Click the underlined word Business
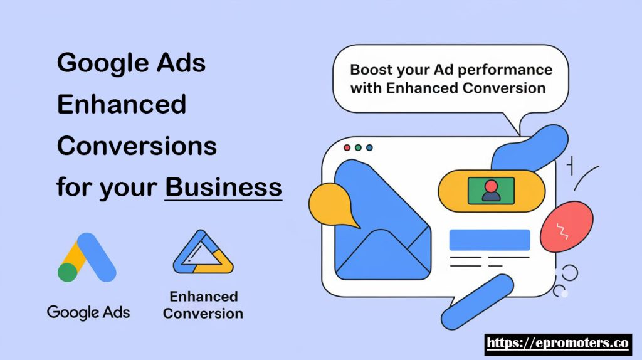[224, 187]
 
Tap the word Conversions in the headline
[137, 146]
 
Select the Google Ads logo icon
[87, 257]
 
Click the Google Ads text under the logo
[88, 312]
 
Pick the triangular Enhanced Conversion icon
[203, 252]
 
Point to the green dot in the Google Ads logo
[68, 273]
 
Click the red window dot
[347, 147]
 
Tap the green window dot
[358, 147]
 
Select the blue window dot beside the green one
[369, 147]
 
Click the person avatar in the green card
[491, 191]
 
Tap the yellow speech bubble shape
[332, 206]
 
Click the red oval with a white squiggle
[566, 226]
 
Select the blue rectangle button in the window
[490, 240]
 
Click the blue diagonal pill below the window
[477, 302]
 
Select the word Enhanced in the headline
[122, 104]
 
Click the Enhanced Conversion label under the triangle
[203, 305]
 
